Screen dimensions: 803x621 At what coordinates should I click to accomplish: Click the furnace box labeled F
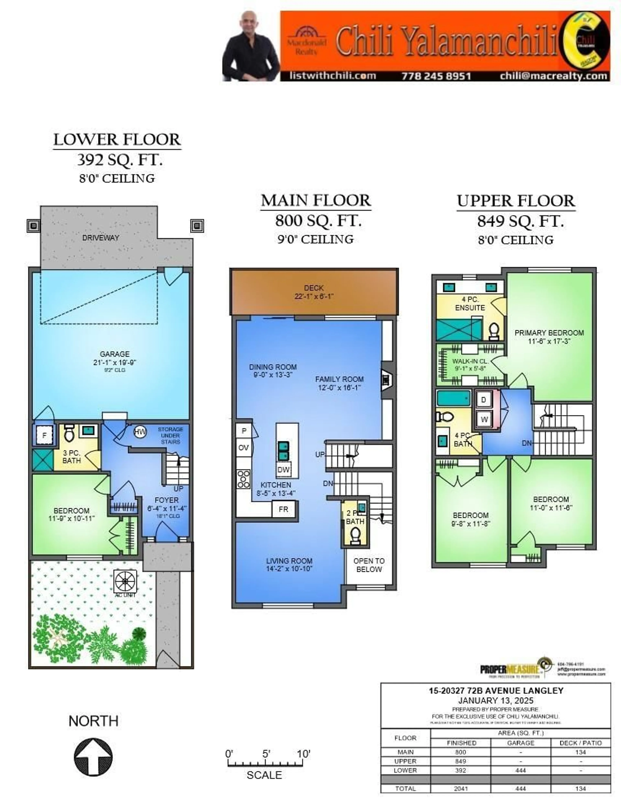coord(44,435)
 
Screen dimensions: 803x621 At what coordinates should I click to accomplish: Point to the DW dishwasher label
coord(283,469)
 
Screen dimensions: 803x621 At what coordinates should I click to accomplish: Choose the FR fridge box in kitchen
coord(283,509)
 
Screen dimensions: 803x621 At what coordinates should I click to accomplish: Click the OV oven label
coord(244,447)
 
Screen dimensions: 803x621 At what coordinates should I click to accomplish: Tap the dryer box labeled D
coord(484,400)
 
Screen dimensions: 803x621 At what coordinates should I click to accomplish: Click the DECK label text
coord(314,288)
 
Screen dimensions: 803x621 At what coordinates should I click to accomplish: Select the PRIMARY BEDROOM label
coord(549,333)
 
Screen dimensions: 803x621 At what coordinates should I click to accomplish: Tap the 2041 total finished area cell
coord(461,789)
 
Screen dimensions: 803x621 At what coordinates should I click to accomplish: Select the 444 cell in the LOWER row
coord(521,770)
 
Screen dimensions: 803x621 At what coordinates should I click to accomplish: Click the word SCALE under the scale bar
coord(264,775)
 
